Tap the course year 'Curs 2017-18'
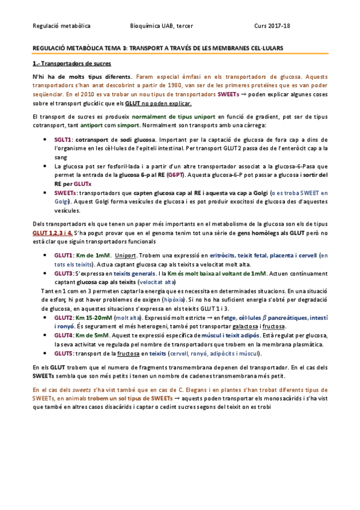[273, 26]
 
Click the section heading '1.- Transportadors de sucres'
[71, 64]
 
